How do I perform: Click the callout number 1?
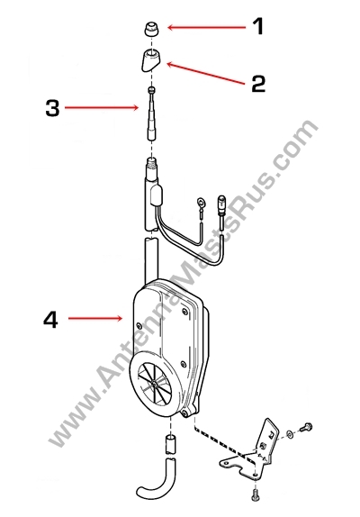tap(257, 27)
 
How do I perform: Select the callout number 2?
tap(258, 84)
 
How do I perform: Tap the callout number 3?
tap(53, 108)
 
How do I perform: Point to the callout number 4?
tap(50, 320)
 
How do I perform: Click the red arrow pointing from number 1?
tap(206, 27)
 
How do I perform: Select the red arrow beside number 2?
tap(206, 74)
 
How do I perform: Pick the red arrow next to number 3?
tap(102, 107)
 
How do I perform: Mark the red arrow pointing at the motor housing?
tap(95, 318)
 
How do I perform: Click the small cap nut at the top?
tap(151, 29)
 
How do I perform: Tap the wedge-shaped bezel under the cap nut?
tap(151, 59)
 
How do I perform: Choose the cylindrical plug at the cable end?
tap(221, 204)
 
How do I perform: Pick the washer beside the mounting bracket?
tap(290, 434)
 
